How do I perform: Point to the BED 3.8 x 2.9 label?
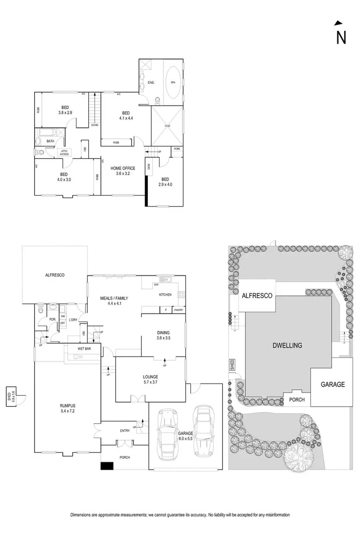[65, 110]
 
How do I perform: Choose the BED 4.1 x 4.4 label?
[126, 115]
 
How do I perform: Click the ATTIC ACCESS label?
[65, 153]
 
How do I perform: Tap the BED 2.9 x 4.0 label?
[165, 182]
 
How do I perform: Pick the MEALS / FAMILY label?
[110, 300]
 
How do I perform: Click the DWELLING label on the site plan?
[287, 345]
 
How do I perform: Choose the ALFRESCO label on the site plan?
[257, 296]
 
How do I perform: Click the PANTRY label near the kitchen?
[178, 310]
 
